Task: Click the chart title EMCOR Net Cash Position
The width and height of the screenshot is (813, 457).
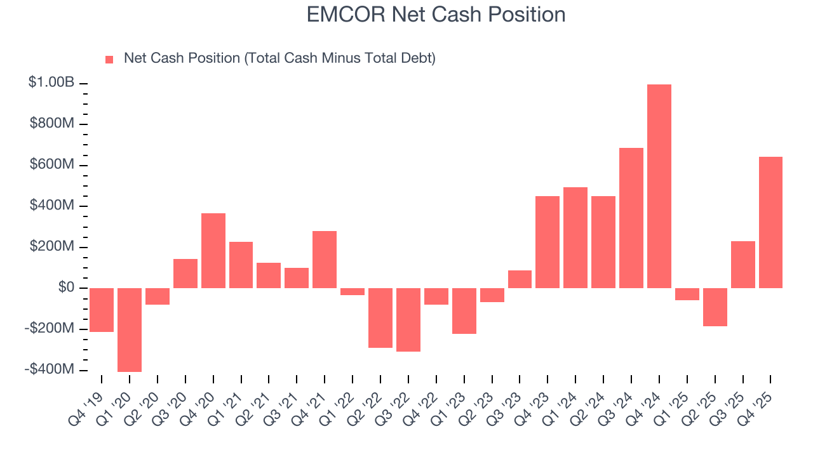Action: tap(436, 15)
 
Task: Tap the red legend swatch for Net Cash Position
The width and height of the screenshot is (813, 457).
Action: tap(109, 59)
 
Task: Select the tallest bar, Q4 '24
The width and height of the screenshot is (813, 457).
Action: tap(659, 186)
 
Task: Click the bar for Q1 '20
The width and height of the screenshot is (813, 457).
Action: tap(130, 329)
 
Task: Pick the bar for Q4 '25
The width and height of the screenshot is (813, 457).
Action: tap(770, 222)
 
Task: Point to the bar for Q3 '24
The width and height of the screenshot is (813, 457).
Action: tap(631, 218)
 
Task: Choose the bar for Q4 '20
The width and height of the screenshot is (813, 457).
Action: tap(213, 250)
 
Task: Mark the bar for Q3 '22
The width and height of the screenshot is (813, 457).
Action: tap(408, 319)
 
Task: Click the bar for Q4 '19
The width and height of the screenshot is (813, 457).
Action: tap(102, 310)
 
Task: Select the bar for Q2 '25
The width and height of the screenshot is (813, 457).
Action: tap(715, 307)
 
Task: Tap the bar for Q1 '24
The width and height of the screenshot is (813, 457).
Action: tap(575, 237)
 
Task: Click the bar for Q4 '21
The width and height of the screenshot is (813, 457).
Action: tap(325, 259)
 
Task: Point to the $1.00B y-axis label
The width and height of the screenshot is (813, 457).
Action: tap(51, 83)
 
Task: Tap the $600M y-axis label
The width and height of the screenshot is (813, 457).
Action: tap(51, 164)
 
